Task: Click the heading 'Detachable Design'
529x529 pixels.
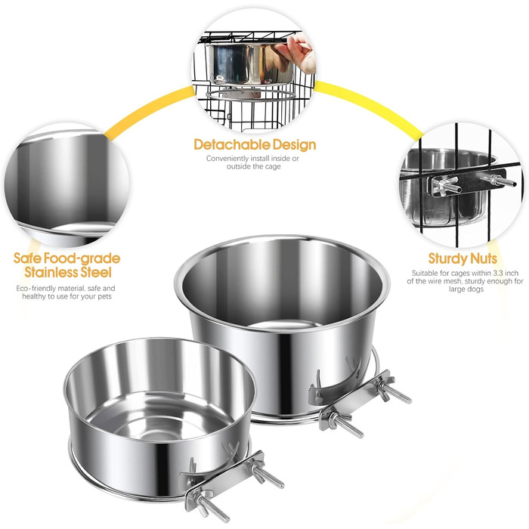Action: [255, 145]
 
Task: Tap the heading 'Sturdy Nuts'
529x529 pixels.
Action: [462, 258]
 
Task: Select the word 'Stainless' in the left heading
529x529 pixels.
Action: [54, 272]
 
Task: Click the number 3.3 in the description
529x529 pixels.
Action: [500, 273]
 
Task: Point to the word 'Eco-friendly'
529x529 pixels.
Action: [36, 289]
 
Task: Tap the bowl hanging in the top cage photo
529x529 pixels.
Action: [250, 64]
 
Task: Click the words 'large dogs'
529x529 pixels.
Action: [466, 289]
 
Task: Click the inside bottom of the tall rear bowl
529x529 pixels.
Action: [284, 325]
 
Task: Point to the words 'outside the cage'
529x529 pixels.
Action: [253, 167]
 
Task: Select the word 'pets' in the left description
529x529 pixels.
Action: [104, 297]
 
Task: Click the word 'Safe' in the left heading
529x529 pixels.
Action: [28, 258]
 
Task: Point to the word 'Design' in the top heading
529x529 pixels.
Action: [294, 145]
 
